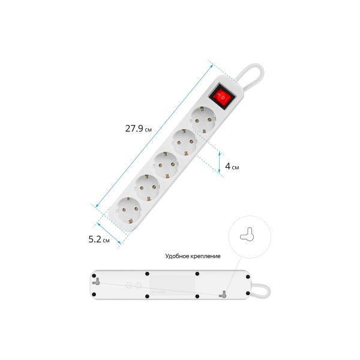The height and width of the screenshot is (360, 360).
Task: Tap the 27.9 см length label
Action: pyautogui.click(x=139, y=128)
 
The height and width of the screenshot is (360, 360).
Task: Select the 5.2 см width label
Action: pyautogui.click(x=99, y=239)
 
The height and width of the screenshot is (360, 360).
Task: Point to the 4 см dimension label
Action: pyautogui.click(x=232, y=166)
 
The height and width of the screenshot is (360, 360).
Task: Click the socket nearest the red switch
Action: pyautogui.click(x=203, y=119)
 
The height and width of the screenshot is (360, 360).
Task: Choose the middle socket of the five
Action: pyautogui.click(x=166, y=164)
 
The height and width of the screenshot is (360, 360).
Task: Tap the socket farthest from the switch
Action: pyautogui.click(x=129, y=210)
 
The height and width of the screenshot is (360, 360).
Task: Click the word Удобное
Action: pyautogui.click(x=176, y=256)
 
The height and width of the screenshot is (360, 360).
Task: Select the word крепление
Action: pyautogui.click(x=205, y=256)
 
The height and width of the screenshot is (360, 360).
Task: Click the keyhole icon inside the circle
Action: pyautogui.click(x=247, y=235)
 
